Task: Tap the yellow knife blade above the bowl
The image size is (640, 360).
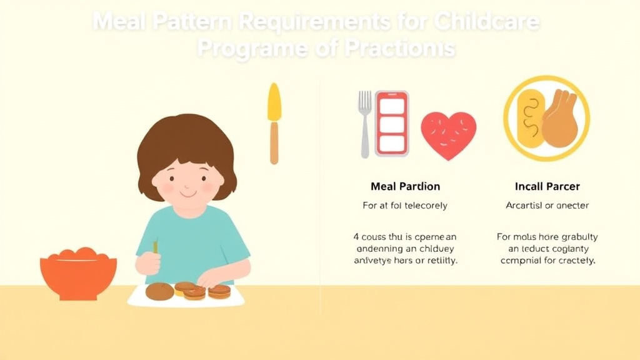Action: (274, 103)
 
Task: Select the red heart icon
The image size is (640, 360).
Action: (448, 135)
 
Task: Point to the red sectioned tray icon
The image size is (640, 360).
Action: (392, 123)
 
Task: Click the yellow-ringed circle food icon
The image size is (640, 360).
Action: (547, 118)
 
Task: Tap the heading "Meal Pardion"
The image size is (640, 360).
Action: (405, 186)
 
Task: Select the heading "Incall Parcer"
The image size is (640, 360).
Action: (547, 186)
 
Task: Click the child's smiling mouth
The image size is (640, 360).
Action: (188, 194)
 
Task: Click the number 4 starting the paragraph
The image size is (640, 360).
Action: (356, 237)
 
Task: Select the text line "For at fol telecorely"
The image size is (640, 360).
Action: (405, 205)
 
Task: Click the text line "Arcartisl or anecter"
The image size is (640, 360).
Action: (547, 205)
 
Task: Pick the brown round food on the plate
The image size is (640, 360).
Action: (159, 291)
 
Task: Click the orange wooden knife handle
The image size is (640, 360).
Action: (274, 142)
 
